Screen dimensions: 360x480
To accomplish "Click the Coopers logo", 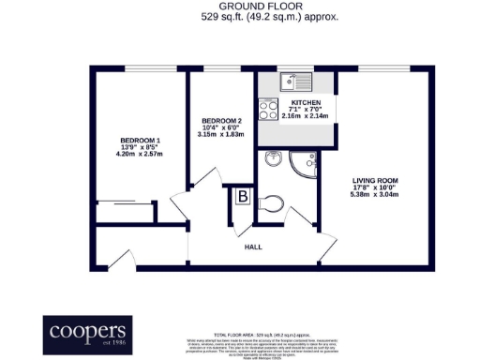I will (87, 334).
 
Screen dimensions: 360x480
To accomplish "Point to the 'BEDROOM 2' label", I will (221, 121).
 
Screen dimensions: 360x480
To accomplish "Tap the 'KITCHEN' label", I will (306, 102).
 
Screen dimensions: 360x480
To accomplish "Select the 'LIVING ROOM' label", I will (374, 180).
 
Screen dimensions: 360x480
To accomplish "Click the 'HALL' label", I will (253, 247).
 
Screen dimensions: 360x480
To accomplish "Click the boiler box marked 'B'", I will (241, 197).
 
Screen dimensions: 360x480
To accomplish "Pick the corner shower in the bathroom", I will (307, 168).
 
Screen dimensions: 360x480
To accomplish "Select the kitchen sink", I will (297, 81).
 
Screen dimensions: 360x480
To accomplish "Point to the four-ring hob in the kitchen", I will (267, 111).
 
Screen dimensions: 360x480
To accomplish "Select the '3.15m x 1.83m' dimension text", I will (221, 135).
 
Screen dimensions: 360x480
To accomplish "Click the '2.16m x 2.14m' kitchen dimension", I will (306, 116).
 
